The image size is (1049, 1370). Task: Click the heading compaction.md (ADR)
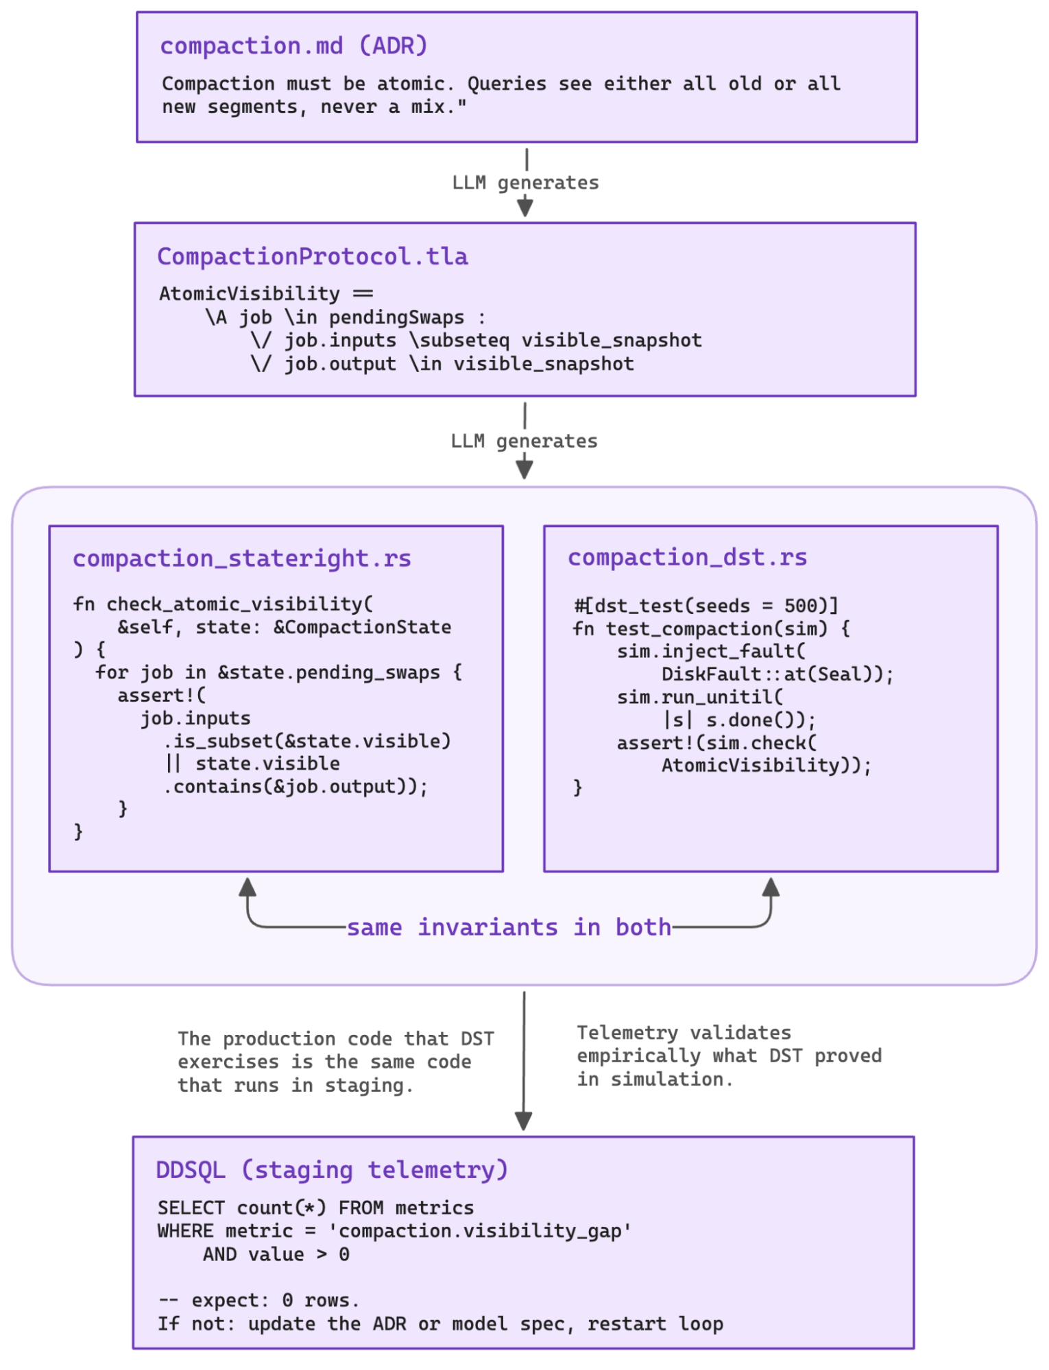point(293,46)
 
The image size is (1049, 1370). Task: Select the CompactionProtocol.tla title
point(312,256)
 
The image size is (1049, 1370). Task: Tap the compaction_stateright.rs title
point(241,559)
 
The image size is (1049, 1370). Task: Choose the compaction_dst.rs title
point(687,557)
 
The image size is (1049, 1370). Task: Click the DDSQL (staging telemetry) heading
point(332,1169)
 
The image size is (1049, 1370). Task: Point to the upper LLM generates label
point(525,183)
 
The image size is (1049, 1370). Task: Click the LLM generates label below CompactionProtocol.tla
point(524,441)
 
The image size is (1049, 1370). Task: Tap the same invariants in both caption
point(509,927)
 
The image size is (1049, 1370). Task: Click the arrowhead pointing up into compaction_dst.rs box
point(771,887)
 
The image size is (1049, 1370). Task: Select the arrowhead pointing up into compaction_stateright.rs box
point(248,887)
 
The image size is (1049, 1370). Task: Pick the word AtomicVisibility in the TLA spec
point(250,293)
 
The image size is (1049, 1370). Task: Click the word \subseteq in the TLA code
point(459,341)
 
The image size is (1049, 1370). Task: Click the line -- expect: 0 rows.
point(258,1300)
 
